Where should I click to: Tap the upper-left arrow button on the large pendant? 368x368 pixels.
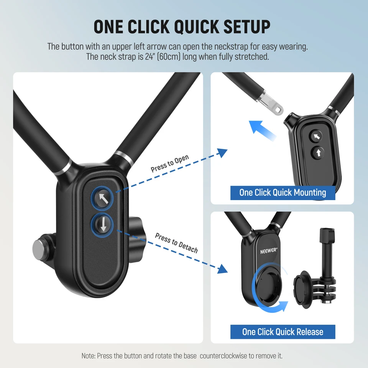tap(103, 198)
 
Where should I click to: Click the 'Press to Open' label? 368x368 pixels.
tap(169, 164)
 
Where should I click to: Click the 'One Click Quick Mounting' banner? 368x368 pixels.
tap(283, 192)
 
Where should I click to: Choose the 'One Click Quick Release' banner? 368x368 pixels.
tap(283, 332)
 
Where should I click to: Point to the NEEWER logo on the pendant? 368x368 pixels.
tap(261, 252)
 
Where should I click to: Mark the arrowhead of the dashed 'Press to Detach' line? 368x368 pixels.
tap(222, 269)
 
